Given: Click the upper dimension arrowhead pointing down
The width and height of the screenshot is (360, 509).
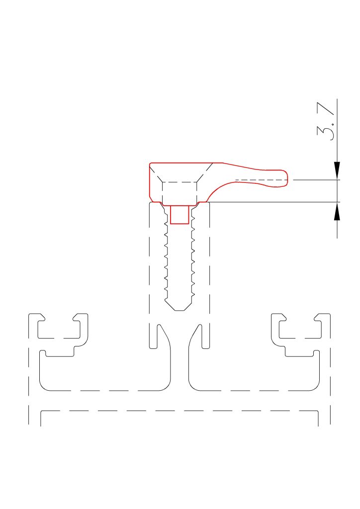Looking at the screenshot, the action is pyautogui.click(x=337, y=170).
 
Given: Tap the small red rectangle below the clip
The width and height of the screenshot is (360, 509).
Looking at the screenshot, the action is pyautogui.click(x=180, y=215).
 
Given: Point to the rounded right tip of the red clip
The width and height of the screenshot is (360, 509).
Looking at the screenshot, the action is pyautogui.click(x=287, y=178).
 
